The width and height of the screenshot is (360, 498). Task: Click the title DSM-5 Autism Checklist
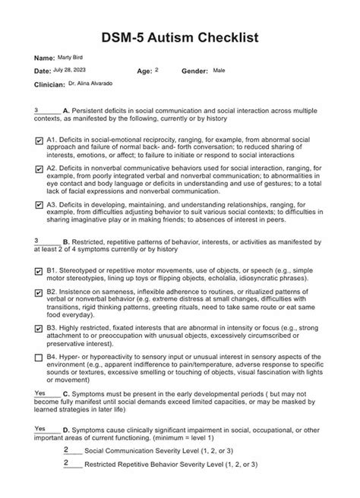(179, 36)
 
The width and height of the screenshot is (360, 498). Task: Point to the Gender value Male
(219, 70)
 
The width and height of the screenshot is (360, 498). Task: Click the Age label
(144, 71)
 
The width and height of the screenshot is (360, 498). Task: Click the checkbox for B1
(39, 271)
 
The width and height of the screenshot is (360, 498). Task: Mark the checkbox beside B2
(39, 292)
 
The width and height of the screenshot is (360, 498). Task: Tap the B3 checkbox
(39, 328)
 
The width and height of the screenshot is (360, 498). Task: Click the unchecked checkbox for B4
(39, 356)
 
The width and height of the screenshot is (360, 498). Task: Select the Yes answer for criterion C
(41, 392)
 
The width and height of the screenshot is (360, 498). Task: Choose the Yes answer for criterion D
(41, 428)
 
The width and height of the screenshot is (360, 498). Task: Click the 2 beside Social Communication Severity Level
(67, 449)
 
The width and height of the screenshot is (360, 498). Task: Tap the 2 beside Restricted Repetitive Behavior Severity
(67, 462)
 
